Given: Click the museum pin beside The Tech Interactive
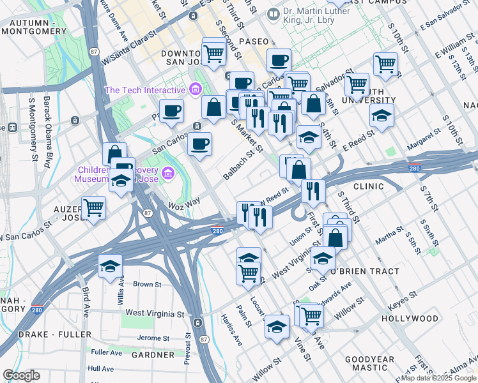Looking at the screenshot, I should [196, 88].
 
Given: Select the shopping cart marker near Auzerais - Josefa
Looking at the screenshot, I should [93, 207].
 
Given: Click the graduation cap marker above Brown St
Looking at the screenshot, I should [111, 265].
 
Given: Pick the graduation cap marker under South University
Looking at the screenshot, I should [382, 115].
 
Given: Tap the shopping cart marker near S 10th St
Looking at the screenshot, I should [385, 63].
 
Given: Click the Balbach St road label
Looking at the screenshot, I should [243, 163].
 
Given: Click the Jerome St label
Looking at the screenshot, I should [152, 338].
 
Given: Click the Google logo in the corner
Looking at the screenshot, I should [21, 375].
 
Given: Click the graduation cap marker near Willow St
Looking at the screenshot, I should [276, 327].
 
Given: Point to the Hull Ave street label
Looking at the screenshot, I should [101, 369].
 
